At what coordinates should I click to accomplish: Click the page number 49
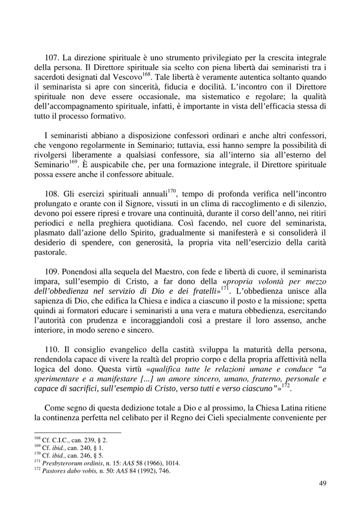click(322, 484)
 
